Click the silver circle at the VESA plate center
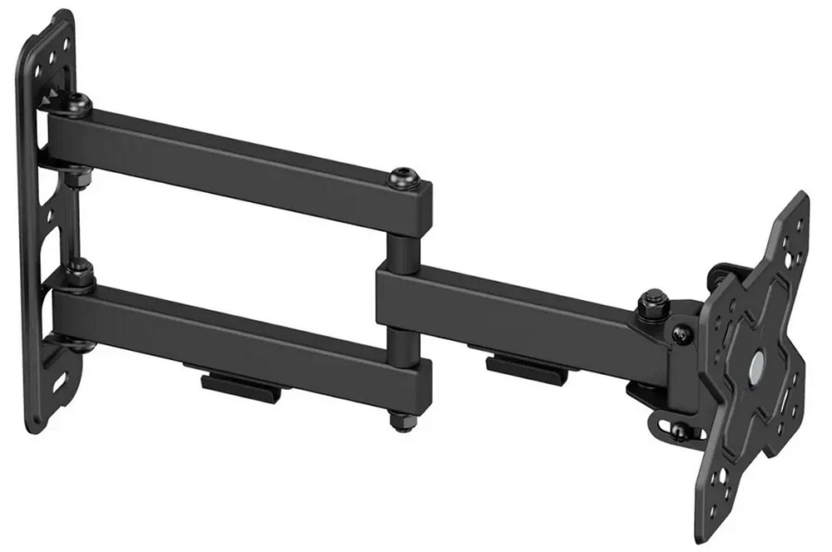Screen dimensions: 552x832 click(758, 364)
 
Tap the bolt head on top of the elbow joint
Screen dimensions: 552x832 click(402, 177)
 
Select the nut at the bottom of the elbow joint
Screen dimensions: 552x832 click(400, 420)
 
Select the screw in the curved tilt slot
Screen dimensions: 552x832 click(679, 430)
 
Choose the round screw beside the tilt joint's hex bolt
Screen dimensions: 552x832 click(680, 333)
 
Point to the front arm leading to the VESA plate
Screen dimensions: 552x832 click(508, 303)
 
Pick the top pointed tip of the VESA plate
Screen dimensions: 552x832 click(800, 200)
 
